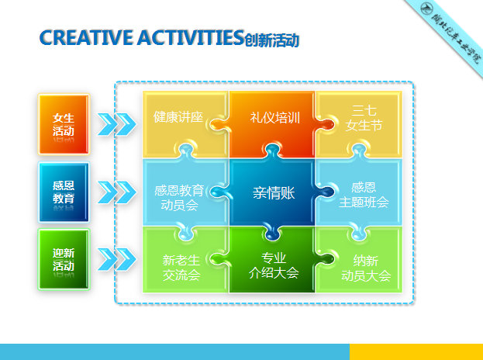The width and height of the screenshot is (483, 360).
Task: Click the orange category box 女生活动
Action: pos(64,124)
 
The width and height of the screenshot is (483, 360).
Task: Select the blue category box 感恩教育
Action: pos(64,191)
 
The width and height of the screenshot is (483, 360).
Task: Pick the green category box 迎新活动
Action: pos(64,258)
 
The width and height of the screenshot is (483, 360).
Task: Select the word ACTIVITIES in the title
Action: pos(181,37)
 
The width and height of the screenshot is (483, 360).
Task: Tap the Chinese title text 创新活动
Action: pos(271,40)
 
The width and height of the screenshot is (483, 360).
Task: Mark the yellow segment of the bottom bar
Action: pos(416,351)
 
